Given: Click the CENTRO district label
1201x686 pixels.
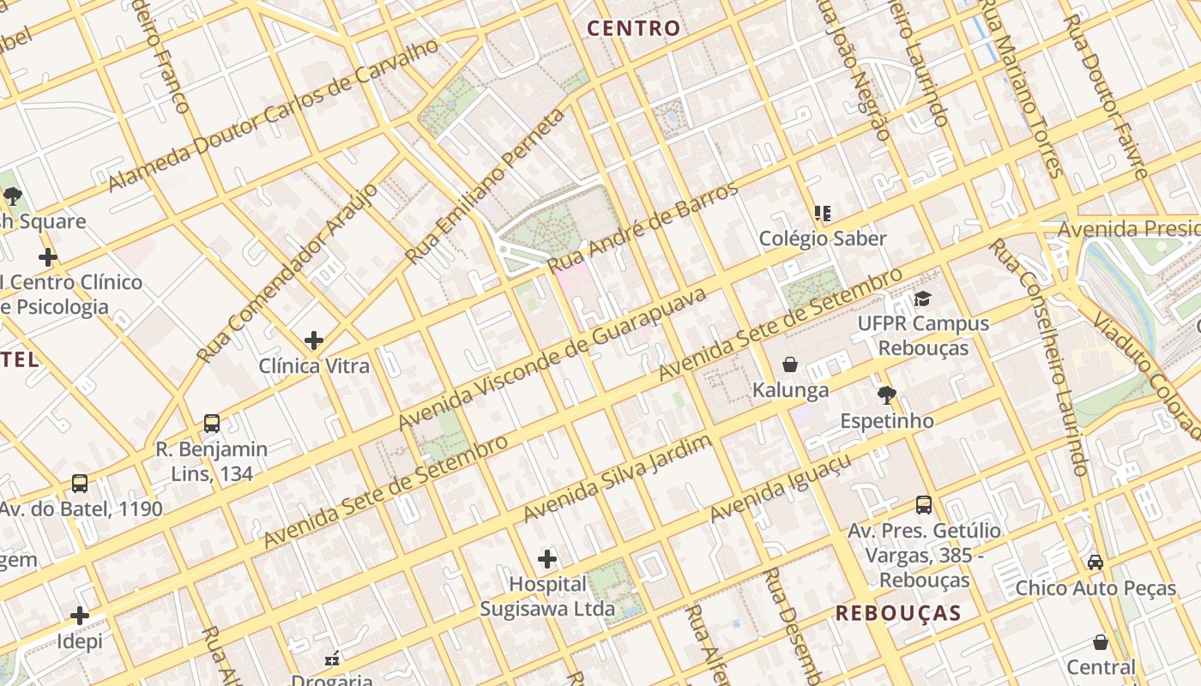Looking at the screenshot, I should pos(633,28).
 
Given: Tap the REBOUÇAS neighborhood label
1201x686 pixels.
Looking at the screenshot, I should pos(898,613).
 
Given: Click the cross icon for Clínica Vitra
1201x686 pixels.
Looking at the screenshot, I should pos(314,340).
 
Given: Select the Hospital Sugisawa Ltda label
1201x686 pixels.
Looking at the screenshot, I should pos(547,597).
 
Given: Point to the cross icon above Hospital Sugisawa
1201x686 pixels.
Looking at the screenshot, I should pos(547,560).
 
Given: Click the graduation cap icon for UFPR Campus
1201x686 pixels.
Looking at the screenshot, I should pos(922,298).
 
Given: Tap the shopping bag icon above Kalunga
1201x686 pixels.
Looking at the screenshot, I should pos(790,364).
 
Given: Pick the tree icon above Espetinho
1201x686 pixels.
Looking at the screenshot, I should pos(887,395).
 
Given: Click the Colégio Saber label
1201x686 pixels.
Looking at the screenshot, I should pos(822,238).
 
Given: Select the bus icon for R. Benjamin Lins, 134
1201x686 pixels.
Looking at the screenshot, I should pos(212,423).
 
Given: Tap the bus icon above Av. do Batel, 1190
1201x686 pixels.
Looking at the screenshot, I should pos(80,484).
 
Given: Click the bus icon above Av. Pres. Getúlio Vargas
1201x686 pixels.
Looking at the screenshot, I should pos(924,505).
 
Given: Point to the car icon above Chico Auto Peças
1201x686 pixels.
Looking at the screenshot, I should pos(1095,563).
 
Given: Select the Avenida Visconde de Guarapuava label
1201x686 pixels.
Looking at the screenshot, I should pos(552,359).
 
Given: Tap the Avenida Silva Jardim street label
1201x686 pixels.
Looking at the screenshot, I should pos(618,478).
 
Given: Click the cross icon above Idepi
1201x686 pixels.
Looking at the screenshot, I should pos(80,616).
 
